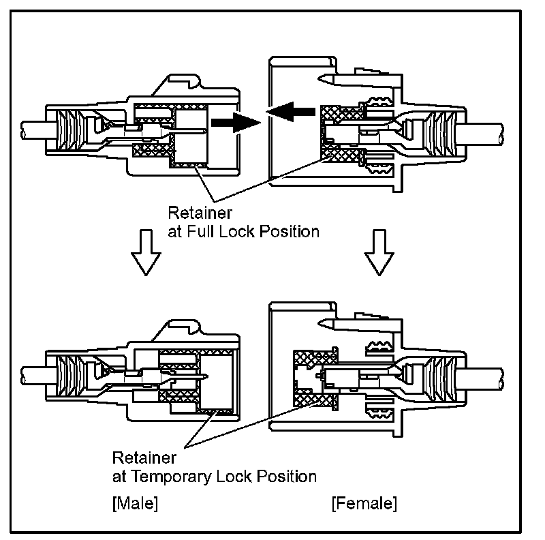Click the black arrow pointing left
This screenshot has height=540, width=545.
289,110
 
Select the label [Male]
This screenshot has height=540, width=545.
134,504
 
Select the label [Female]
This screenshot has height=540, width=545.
363,504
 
